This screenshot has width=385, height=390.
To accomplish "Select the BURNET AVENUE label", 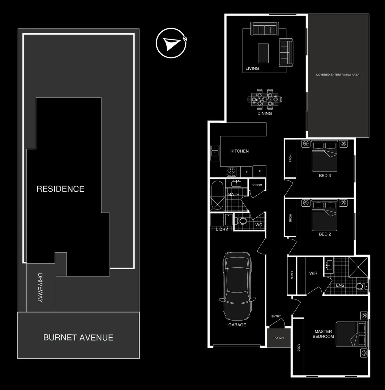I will pyautogui.click(x=78, y=337).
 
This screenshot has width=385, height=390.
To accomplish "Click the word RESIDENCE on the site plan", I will pyautogui.click(x=60, y=188).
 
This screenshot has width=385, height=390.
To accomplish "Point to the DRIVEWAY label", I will pyautogui.click(x=40, y=288).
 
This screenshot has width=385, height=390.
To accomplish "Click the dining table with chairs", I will pyautogui.click(x=265, y=99).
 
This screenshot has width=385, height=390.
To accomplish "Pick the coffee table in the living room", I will pyautogui.click(x=263, y=53).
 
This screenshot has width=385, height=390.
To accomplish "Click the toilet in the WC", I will pyautogui.click(x=242, y=221).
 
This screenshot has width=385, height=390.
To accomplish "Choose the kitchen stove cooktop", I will pyautogui.click(x=231, y=172).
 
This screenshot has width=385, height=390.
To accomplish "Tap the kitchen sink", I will pyautogui.click(x=215, y=150).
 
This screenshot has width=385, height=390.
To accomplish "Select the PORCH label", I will pyautogui.click(x=279, y=338).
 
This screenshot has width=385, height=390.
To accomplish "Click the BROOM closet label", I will pyautogui.click(x=257, y=185).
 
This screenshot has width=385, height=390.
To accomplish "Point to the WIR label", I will pyautogui.click(x=313, y=273).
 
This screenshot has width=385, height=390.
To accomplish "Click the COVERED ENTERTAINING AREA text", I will pyautogui.click(x=338, y=75).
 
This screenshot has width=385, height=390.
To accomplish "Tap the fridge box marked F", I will pyautogui.click(x=259, y=171).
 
